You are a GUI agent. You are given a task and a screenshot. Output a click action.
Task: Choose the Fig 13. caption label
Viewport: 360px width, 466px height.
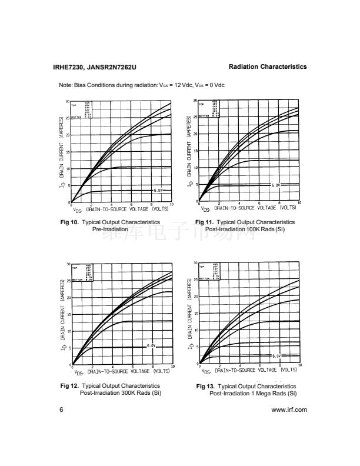206,387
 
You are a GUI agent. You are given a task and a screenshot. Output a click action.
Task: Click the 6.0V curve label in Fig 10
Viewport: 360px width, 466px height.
159,191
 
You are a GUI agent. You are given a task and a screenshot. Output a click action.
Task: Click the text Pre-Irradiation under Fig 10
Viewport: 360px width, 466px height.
110,229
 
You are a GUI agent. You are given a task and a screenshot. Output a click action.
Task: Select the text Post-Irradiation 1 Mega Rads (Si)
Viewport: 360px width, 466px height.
253,393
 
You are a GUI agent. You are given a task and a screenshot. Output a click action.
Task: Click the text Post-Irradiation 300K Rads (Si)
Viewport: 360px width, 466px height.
120,392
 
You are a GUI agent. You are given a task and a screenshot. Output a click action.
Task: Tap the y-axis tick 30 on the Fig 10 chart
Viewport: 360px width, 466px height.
68,102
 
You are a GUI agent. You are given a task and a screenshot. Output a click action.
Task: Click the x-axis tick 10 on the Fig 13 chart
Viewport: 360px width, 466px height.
299,366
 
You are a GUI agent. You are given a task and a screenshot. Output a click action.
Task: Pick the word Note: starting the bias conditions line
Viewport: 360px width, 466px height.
66,85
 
